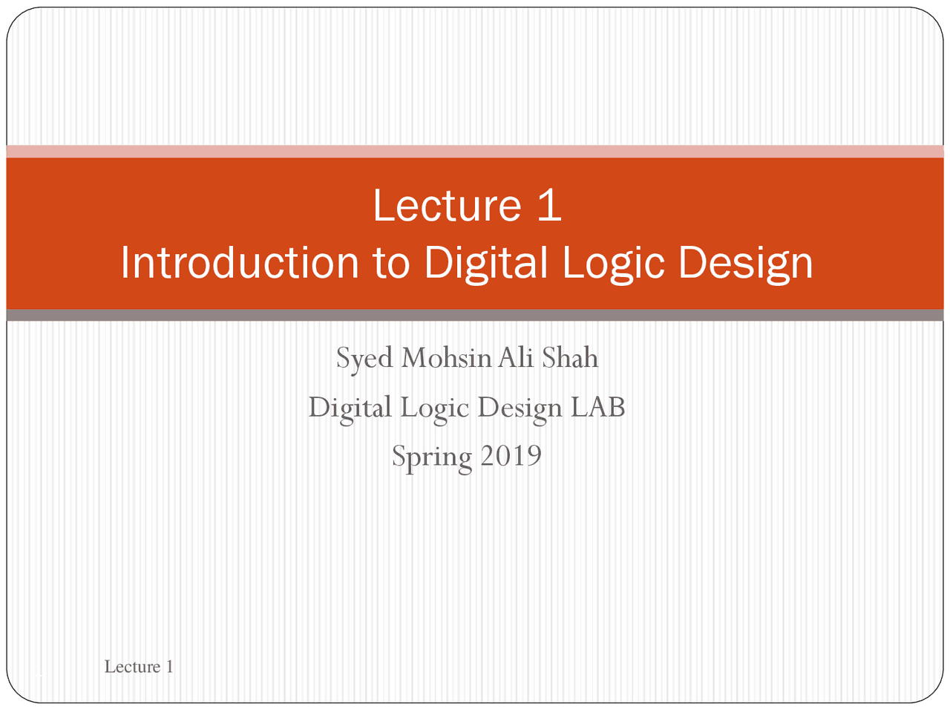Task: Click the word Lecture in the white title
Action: [x=447, y=205]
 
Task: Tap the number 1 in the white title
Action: [x=549, y=205]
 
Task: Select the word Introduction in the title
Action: [x=239, y=263]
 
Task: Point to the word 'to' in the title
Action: [x=391, y=263]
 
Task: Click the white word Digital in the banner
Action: [x=485, y=263]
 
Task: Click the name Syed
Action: [x=364, y=359]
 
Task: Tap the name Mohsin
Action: [x=447, y=358]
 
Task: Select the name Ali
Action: [x=516, y=358]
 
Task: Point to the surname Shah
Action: [x=569, y=358]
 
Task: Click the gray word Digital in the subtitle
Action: [x=350, y=408]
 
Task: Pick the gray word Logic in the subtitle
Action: [x=434, y=408]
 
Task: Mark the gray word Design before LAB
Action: [x=520, y=408]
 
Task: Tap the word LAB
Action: [x=597, y=407]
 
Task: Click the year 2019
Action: [x=511, y=456]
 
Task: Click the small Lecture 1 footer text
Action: [x=139, y=667]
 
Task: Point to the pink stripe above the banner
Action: [x=475, y=152]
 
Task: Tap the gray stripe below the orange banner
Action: [x=475, y=316]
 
